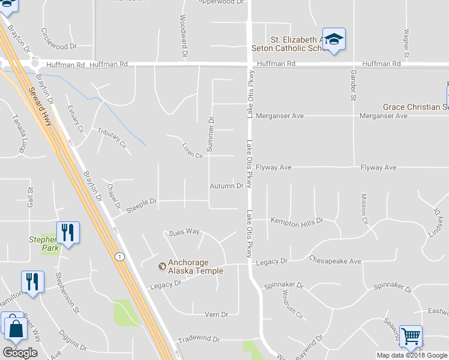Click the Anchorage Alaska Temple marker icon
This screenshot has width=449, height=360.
coord(161,266)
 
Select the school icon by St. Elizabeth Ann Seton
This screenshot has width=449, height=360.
coord(334,39)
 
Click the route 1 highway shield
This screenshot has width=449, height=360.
coord(121,256)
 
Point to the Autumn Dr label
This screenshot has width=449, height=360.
coord(226,186)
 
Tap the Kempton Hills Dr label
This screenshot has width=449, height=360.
coord(297,221)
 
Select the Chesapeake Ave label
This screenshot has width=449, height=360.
coord(335,261)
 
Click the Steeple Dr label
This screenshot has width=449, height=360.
coord(141,205)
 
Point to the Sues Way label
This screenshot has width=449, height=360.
coord(184,232)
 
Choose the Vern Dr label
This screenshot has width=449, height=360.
coord(216,314)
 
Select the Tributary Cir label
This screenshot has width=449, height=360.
coord(112,137)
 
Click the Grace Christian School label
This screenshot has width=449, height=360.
coord(415,107)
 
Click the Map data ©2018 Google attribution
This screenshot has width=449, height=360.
coord(411,355)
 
